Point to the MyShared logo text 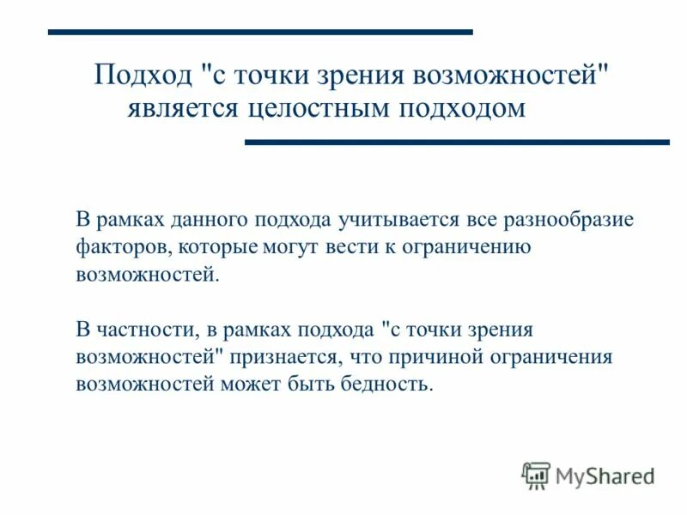click(x=605, y=475)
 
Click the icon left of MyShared click(x=536, y=475)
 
